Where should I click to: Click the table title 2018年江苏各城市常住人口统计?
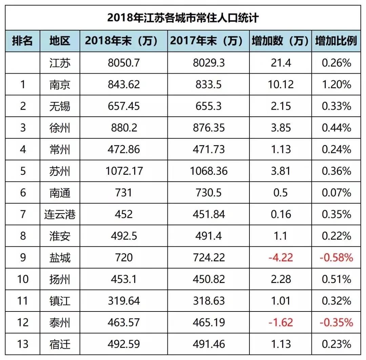(x=183, y=18)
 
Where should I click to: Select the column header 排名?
(x=22, y=41)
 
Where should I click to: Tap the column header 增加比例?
(x=336, y=41)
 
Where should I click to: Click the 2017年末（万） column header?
(x=207, y=41)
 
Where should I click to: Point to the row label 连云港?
(x=60, y=214)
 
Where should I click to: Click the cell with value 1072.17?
(x=124, y=171)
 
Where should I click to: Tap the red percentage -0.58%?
(x=336, y=257)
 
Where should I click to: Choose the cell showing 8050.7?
(x=124, y=63)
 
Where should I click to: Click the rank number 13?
(x=22, y=344)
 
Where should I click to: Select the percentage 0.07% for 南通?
(x=336, y=193)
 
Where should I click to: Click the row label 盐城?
(x=60, y=257)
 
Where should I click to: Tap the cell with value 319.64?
(x=124, y=301)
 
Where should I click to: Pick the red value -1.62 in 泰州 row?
(x=280, y=322)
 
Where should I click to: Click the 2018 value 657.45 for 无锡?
(x=124, y=106)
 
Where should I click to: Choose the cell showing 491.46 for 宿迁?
(x=208, y=344)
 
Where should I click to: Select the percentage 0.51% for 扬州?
(x=336, y=279)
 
